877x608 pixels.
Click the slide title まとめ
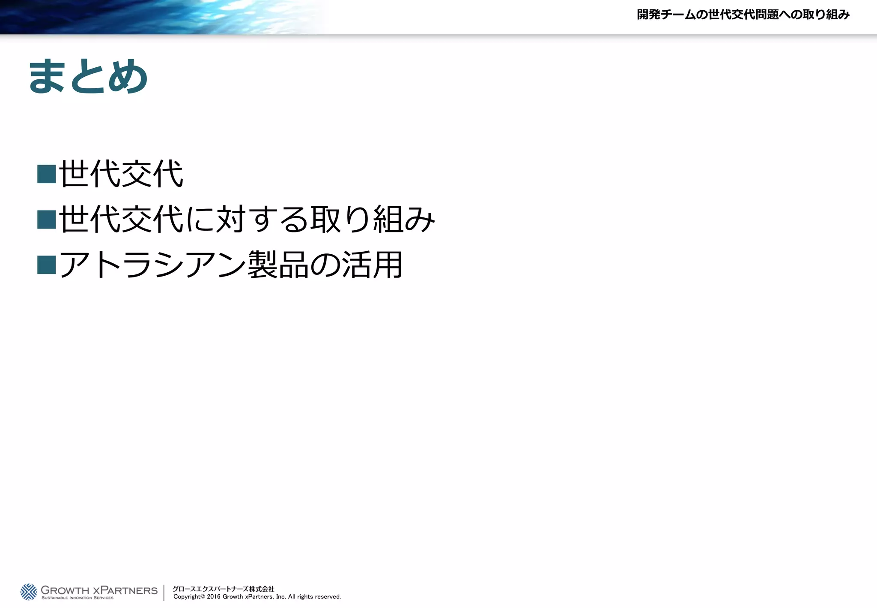pos(88,76)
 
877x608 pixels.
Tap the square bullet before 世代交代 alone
pos(47,174)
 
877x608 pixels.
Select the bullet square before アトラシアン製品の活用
pos(47,265)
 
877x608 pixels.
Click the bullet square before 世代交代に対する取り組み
pos(47,220)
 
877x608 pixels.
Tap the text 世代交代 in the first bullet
pos(121,174)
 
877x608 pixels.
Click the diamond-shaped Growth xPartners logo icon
pos(29,592)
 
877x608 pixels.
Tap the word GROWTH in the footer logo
pos(65,590)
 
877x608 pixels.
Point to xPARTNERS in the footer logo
pos(125,590)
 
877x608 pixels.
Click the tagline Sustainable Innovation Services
pos(78,598)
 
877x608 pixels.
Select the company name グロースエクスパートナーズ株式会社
pos(223,589)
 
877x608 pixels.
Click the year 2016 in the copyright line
pos(214,597)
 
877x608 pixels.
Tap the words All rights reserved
pos(314,597)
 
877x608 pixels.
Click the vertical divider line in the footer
pos(164,593)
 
